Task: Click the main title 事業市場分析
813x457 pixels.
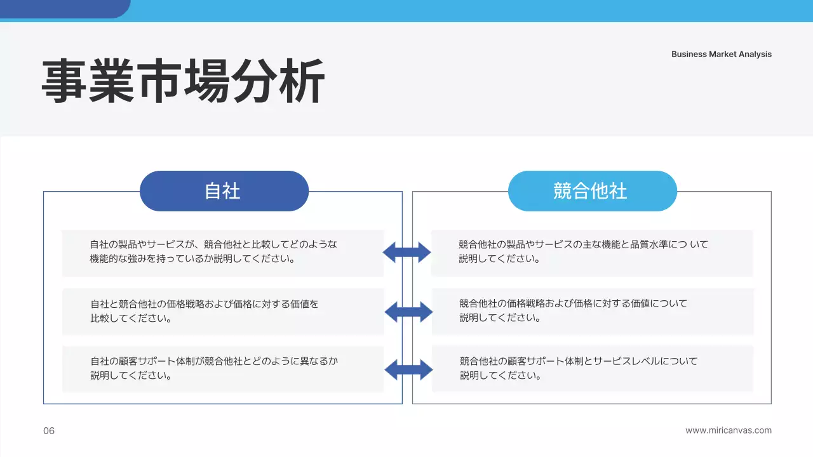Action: pyautogui.click(x=183, y=81)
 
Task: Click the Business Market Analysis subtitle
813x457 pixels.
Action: pyautogui.click(x=722, y=54)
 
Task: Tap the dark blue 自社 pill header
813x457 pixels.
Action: pyautogui.click(x=224, y=191)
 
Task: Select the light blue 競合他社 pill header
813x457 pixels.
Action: pyautogui.click(x=592, y=191)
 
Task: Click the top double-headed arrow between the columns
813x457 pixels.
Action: pyautogui.click(x=406, y=252)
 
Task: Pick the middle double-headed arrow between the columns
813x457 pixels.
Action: pyautogui.click(x=408, y=312)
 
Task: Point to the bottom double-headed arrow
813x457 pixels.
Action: pyautogui.click(x=408, y=369)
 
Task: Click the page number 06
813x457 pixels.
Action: pyautogui.click(x=49, y=431)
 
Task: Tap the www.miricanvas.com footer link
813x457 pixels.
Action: pyautogui.click(x=729, y=430)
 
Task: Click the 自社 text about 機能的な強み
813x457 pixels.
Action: pyautogui.click(x=213, y=252)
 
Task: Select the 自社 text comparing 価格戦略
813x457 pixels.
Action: pyautogui.click(x=204, y=311)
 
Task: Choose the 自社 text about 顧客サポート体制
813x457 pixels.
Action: pyautogui.click(x=214, y=368)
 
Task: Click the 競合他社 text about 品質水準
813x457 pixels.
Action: pyautogui.click(x=583, y=251)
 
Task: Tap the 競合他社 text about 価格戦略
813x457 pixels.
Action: pyautogui.click(x=573, y=310)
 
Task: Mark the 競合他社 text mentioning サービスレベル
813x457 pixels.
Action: pyautogui.click(x=578, y=368)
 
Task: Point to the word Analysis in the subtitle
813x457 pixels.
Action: pyautogui.click(x=755, y=54)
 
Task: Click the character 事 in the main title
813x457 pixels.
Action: pyautogui.click(x=65, y=81)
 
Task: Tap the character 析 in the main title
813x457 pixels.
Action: pyautogui.click(x=302, y=81)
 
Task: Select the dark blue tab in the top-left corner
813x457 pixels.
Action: pyautogui.click(x=64, y=8)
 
